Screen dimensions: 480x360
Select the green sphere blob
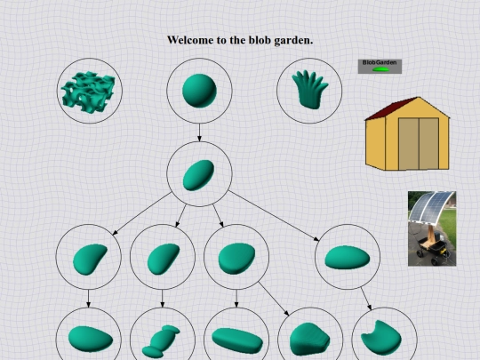199,91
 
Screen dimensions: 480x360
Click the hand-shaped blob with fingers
310,90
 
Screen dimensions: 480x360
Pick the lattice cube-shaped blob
89,92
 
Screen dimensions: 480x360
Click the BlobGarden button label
380,62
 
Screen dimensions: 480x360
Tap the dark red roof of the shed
392,108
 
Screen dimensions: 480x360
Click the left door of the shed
409,143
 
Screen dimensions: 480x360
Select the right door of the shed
428,143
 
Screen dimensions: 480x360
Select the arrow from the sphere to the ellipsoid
199,132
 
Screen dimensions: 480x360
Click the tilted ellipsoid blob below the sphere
198,175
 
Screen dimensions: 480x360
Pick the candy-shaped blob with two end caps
161,341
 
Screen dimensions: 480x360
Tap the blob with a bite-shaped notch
381,338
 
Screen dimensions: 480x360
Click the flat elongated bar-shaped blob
237,340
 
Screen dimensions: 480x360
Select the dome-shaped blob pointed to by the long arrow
309,340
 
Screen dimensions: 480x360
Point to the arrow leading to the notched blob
366,299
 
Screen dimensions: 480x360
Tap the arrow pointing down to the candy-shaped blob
163,299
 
